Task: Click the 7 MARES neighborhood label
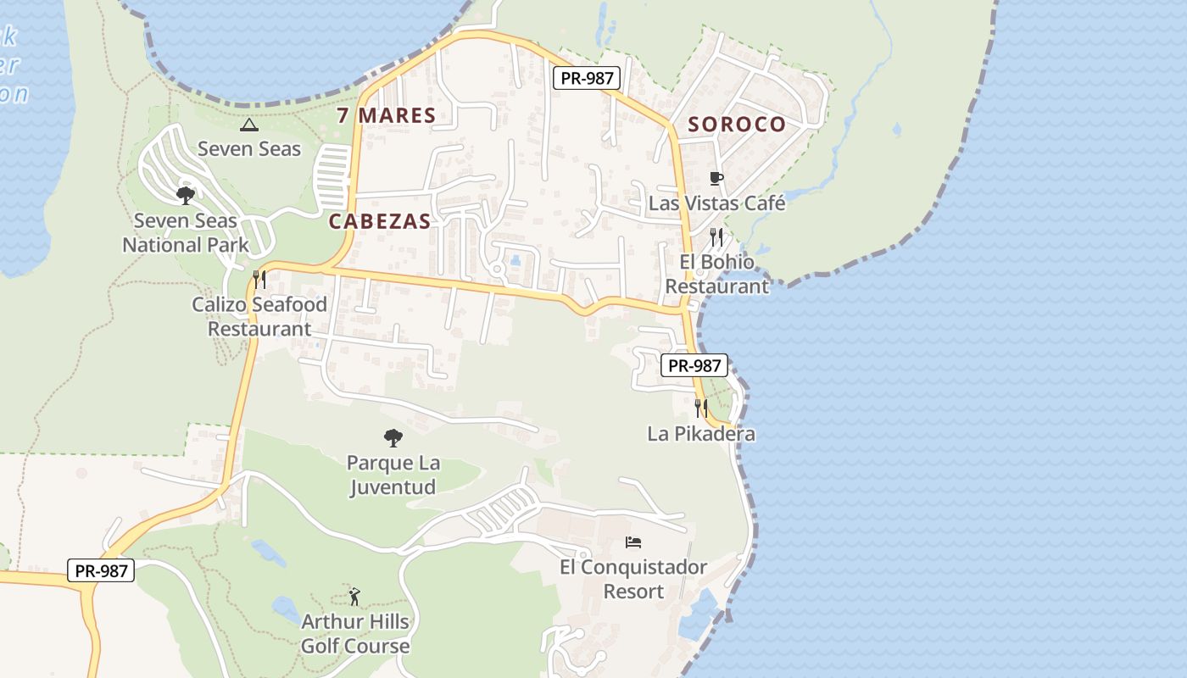point(386,115)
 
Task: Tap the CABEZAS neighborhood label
point(380,221)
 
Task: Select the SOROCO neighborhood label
point(737,125)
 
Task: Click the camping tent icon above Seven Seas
point(248,125)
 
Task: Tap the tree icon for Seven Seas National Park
point(186,196)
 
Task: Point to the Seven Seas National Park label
point(186,233)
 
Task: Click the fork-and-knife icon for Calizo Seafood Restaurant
point(259,279)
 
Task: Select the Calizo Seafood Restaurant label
point(259,316)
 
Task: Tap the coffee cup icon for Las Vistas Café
point(716,179)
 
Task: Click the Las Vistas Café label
point(716,203)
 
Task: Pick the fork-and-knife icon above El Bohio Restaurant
point(716,236)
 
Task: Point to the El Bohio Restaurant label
point(716,274)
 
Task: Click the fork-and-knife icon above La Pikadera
point(700,408)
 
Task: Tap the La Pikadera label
point(700,434)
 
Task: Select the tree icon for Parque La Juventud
point(393,438)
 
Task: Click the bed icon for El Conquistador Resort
point(633,542)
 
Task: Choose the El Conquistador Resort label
point(633,578)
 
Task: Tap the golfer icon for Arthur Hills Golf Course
point(354,597)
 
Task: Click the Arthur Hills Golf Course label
point(355,633)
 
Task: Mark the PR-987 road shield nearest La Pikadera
point(694,365)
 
